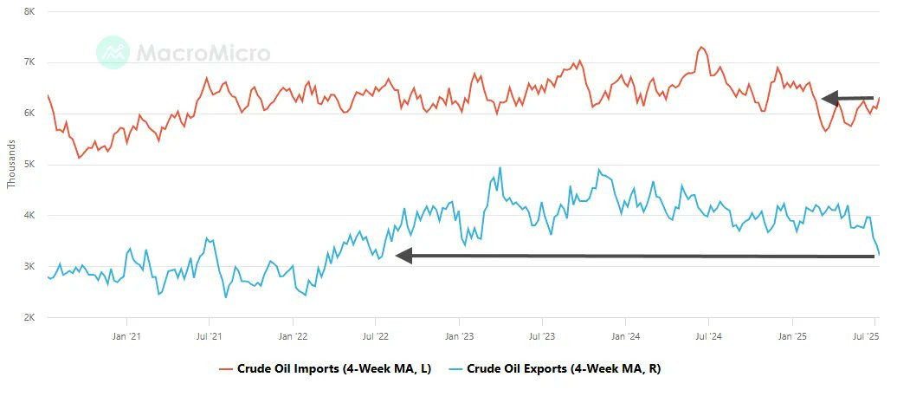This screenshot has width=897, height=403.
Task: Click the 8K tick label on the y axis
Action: point(29,11)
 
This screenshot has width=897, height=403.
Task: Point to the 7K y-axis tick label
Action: point(29,62)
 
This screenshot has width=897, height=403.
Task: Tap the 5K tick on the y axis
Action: point(29,165)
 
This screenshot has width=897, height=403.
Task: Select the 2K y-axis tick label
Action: point(29,317)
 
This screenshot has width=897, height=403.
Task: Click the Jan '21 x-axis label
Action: point(126,336)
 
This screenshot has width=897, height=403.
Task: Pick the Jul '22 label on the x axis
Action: point(376,336)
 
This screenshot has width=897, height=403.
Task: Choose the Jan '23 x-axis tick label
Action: point(460,336)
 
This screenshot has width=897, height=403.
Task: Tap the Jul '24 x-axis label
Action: point(709,336)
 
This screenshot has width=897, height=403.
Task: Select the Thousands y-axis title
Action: point(11,165)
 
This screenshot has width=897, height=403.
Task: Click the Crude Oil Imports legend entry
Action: point(325,369)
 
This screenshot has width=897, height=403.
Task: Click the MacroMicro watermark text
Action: point(203,53)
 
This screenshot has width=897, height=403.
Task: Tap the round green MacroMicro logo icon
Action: point(113,52)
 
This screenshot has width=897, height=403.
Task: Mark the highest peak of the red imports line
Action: point(701,47)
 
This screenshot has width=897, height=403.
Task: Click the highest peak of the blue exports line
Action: point(500,167)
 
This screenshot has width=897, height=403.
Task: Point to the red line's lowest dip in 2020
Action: point(79,158)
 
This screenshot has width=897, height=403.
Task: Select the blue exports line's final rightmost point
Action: point(880,254)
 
